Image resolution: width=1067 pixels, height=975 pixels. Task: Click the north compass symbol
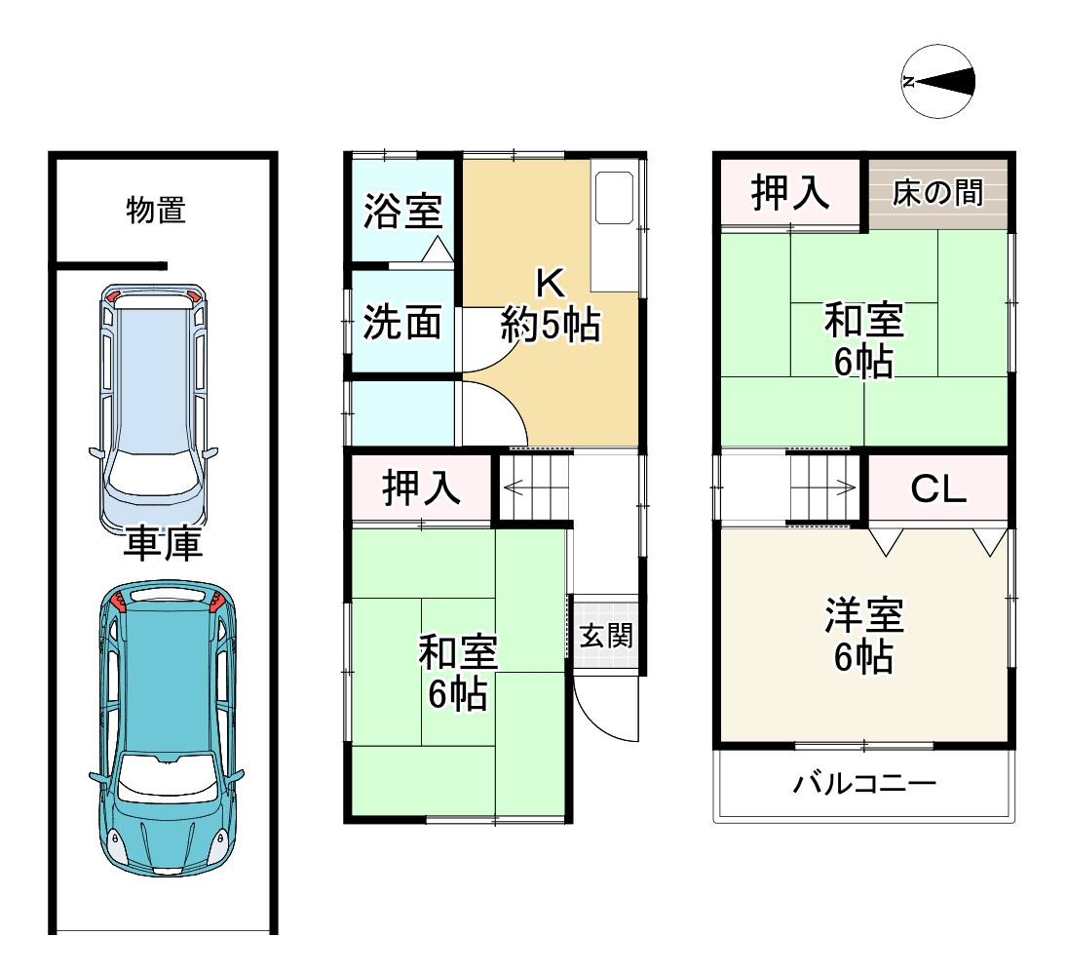[x=938, y=82]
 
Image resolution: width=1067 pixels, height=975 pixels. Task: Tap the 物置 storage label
[x=156, y=210]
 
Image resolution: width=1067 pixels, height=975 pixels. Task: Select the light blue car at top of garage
[x=153, y=406]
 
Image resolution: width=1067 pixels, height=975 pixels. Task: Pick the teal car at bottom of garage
[x=167, y=726]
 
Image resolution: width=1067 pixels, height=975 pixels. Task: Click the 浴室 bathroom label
[x=403, y=211]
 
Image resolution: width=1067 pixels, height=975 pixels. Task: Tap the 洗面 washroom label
[x=402, y=322]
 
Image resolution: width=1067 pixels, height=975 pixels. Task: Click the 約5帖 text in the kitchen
[x=551, y=324]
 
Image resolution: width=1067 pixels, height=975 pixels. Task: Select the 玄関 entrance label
[x=606, y=637]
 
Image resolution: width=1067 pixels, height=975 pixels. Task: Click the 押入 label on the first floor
[x=421, y=487]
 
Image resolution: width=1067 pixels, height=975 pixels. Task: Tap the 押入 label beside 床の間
[x=790, y=193]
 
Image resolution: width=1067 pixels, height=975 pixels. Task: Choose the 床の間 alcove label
[x=937, y=193]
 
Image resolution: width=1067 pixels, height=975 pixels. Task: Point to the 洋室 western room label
[x=864, y=616]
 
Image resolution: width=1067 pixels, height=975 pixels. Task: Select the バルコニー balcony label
[x=864, y=783]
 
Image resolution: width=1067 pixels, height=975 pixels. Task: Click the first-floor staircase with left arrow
[x=535, y=487]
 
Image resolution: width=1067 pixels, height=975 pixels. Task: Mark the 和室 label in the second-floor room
[x=864, y=320]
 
